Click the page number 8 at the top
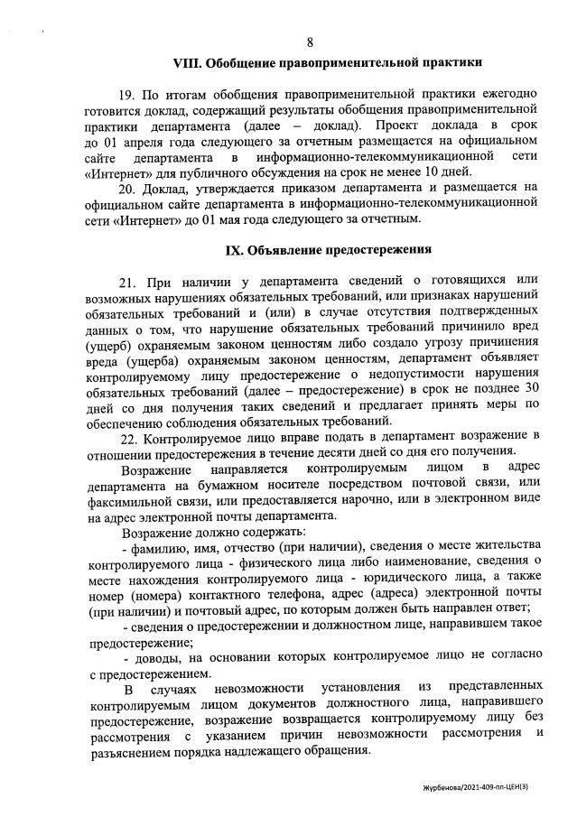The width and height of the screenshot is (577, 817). pos(310,42)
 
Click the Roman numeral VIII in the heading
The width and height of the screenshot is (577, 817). pos(189,63)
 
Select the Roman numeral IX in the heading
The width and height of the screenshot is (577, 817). pos(237,248)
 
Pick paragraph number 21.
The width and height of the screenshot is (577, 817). pos(127,280)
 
